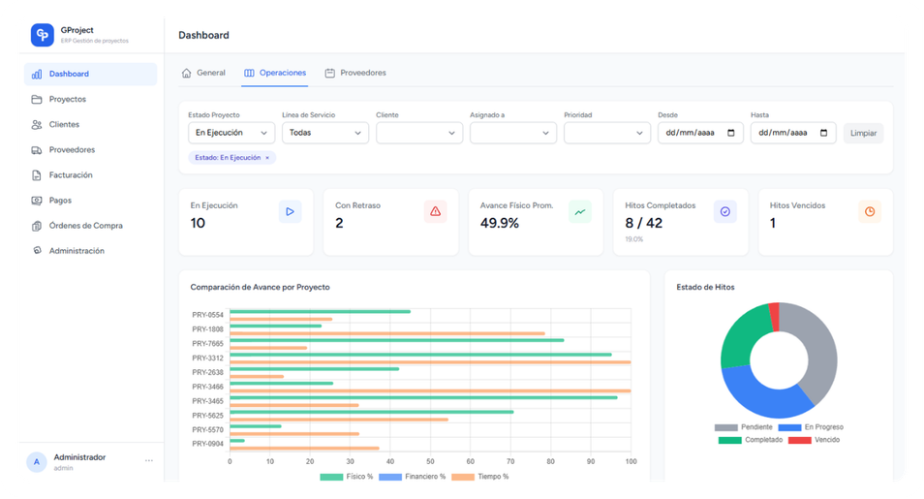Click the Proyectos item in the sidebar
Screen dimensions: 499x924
67,99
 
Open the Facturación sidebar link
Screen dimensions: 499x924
70,175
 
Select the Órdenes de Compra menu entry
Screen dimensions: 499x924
85,226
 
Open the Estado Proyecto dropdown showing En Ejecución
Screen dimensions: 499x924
231,133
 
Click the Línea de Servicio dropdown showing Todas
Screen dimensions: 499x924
324,133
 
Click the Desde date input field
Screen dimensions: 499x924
699,133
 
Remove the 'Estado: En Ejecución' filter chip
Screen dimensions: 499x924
267,157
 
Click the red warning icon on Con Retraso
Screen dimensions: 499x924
435,212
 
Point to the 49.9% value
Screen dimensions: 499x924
500,224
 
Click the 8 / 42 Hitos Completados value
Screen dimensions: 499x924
644,224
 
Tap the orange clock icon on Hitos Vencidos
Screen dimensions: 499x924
870,212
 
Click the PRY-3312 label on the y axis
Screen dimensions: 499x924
207,359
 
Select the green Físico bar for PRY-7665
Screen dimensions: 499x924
396,340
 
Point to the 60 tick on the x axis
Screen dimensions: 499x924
470,461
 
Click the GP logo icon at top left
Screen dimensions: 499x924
42,35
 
